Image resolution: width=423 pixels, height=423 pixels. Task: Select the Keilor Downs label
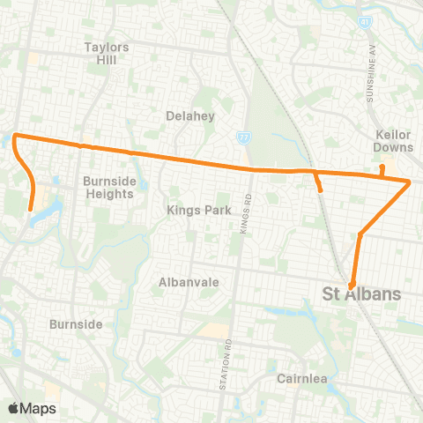(x=394, y=141)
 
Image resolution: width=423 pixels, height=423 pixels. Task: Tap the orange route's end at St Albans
(x=352, y=285)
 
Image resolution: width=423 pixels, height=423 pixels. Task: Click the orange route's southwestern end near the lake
(x=31, y=209)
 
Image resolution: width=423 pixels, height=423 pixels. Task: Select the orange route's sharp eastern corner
(x=410, y=182)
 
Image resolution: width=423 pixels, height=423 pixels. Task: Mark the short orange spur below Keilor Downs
(x=382, y=168)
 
